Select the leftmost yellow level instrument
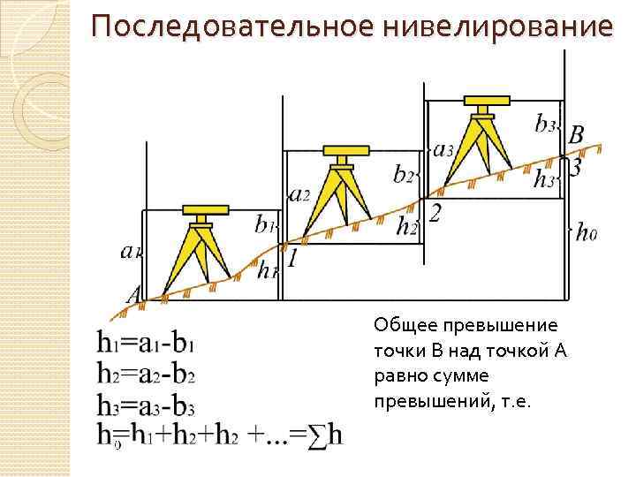point(206,247)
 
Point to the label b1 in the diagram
point(264,224)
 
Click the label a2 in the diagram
point(299,195)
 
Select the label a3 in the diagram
point(443,149)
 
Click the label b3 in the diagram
point(545,124)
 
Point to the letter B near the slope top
point(575,136)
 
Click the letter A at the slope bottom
point(135,295)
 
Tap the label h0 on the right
point(587,234)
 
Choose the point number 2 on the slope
point(434,213)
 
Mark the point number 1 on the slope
point(291,259)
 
